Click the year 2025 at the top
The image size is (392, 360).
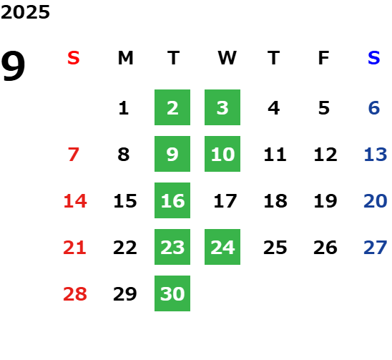pyautogui.click(x=25, y=12)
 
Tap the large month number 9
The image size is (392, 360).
pyautogui.click(x=13, y=65)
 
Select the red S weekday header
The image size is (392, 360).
pyautogui.click(x=74, y=58)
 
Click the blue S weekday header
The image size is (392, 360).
pyautogui.click(x=373, y=58)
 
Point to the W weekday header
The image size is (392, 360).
pyautogui.click(x=227, y=58)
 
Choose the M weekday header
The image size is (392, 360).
pyautogui.click(x=125, y=58)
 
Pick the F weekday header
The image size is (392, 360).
pyautogui.click(x=324, y=58)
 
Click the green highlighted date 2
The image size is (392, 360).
pyautogui.click(x=172, y=107)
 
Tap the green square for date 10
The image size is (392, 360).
pyautogui.click(x=222, y=154)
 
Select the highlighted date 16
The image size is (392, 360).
pyautogui.click(x=172, y=200)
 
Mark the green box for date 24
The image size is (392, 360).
pyautogui.click(x=222, y=247)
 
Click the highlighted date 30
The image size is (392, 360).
pyautogui.click(x=172, y=293)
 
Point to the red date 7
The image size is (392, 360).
pyautogui.click(x=74, y=155)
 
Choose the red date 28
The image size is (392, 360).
pyautogui.click(x=75, y=293)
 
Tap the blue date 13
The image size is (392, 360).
pyautogui.click(x=376, y=155)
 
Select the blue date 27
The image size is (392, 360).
pyautogui.click(x=376, y=248)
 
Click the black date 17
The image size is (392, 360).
pyautogui.click(x=225, y=201)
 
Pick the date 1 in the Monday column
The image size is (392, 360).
pyautogui.click(x=124, y=108)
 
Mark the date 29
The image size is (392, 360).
pyautogui.click(x=125, y=293)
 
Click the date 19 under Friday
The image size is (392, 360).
pyautogui.click(x=325, y=201)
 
